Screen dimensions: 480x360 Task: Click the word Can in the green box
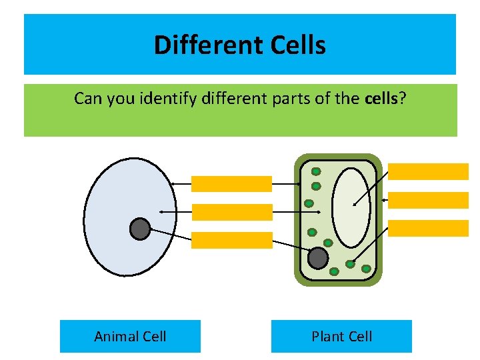(x=85, y=99)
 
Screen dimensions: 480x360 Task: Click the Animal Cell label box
(x=130, y=336)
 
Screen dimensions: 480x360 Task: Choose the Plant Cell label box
(x=341, y=336)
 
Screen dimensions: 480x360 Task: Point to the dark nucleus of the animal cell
(x=140, y=229)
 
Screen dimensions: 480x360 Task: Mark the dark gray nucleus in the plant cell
(x=319, y=258)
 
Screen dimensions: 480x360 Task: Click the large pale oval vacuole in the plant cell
(x=351, y=207)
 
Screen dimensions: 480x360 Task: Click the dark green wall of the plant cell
(x=297, y=220)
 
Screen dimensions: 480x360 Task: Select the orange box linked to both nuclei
(x=231, y=240)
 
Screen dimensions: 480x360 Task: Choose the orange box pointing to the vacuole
(x=428, y=171)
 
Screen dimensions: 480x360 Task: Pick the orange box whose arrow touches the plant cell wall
(x=428, y=200)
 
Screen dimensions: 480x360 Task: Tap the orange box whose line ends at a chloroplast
(x=428, y=228)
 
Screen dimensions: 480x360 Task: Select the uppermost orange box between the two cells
(x=231, y=184)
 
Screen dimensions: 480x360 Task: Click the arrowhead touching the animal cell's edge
(x=171, y=184)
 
